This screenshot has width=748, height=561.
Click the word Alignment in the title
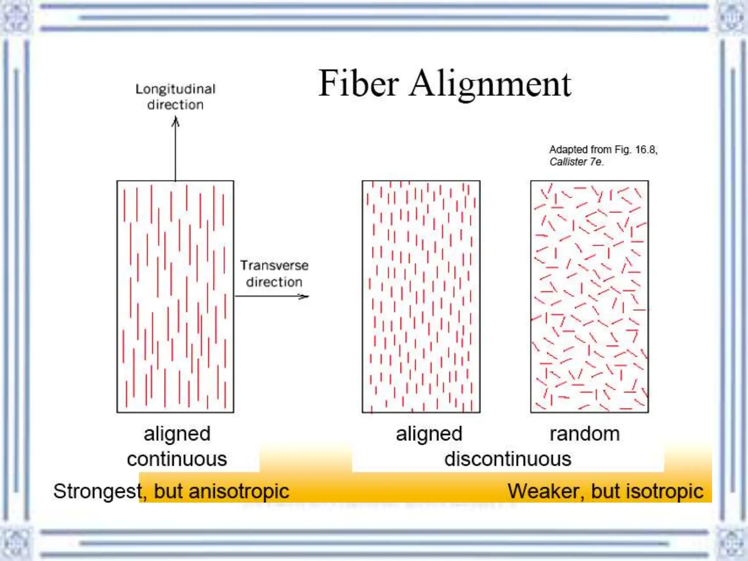click(x=490, y=85)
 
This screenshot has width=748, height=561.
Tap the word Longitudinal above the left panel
click(x=175, y=89)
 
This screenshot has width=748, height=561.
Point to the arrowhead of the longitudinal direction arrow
click(x=175, y=121)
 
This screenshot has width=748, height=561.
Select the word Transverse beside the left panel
click(x=274, y=266)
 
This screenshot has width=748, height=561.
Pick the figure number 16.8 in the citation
click(x=646, y=150)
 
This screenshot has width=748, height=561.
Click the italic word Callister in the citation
click(x=568, y=162)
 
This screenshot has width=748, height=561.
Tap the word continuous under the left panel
click(x=177, y=459)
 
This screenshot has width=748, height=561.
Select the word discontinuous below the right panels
click(x=508, y=459)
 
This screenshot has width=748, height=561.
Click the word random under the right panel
click(x=585, y=434)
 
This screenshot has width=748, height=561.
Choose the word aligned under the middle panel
click(x=429, y=434)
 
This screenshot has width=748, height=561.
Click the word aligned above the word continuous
click(x=177, y=434)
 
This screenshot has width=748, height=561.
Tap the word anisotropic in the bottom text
click(x=239, y=491)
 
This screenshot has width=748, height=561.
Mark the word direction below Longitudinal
click(x=175, y=105)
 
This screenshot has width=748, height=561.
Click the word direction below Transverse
click(x=274, y=282)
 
